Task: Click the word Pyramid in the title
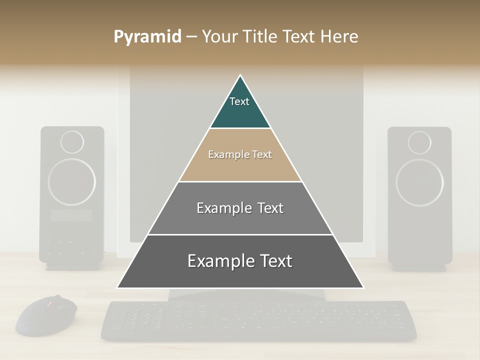coord(147,37)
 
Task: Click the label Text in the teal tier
coord(239,101)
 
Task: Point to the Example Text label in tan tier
coord(240,154)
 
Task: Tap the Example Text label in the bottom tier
coord(240,261)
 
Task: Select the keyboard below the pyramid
coord(258,320)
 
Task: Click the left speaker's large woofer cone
coord(71,182)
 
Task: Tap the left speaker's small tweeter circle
coord(72,142)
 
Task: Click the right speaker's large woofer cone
coord(419,182)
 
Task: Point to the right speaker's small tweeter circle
coord(419,142)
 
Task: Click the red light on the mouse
coord(49,303)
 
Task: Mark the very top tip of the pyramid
coord(240,76)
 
